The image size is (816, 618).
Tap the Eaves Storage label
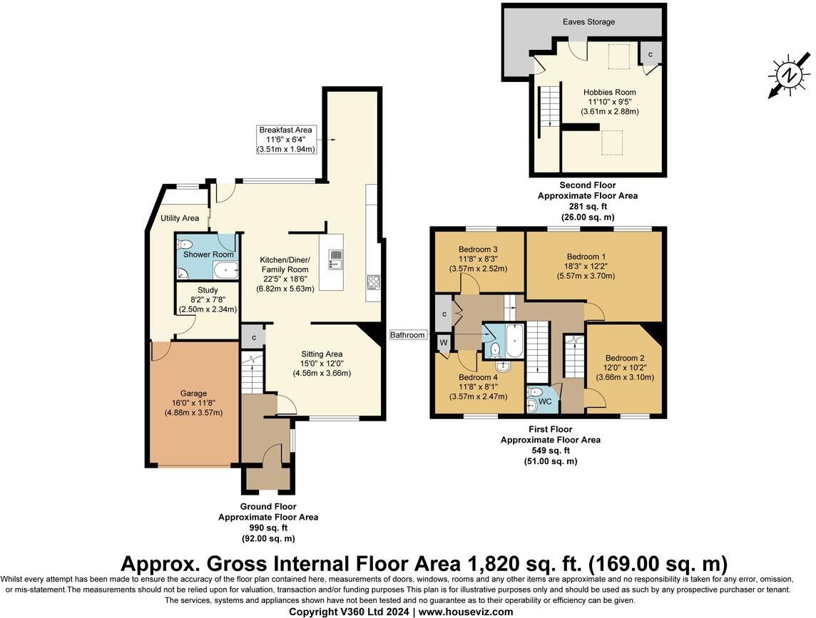(588, 22)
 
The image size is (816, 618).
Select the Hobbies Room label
(609, 92)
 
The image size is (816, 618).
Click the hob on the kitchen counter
(373, 282)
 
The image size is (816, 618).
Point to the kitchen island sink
(336, 259)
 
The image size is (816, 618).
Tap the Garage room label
(193, 393)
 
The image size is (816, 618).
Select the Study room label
(208, 289)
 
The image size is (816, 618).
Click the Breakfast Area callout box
(286, 140)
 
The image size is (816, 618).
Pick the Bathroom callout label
(407, 335)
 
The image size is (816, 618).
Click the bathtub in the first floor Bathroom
(514, 340)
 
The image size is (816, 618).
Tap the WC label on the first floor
(545, 401)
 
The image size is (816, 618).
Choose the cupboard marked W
(444, 343)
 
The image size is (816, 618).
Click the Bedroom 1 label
(586, 257)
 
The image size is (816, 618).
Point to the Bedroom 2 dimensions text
(625, 373)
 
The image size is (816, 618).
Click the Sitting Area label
(322, 354)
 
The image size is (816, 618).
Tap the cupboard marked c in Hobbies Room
(651, 53)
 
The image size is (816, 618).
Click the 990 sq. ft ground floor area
(268, 528)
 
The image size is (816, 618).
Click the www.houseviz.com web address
(466, 612)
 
